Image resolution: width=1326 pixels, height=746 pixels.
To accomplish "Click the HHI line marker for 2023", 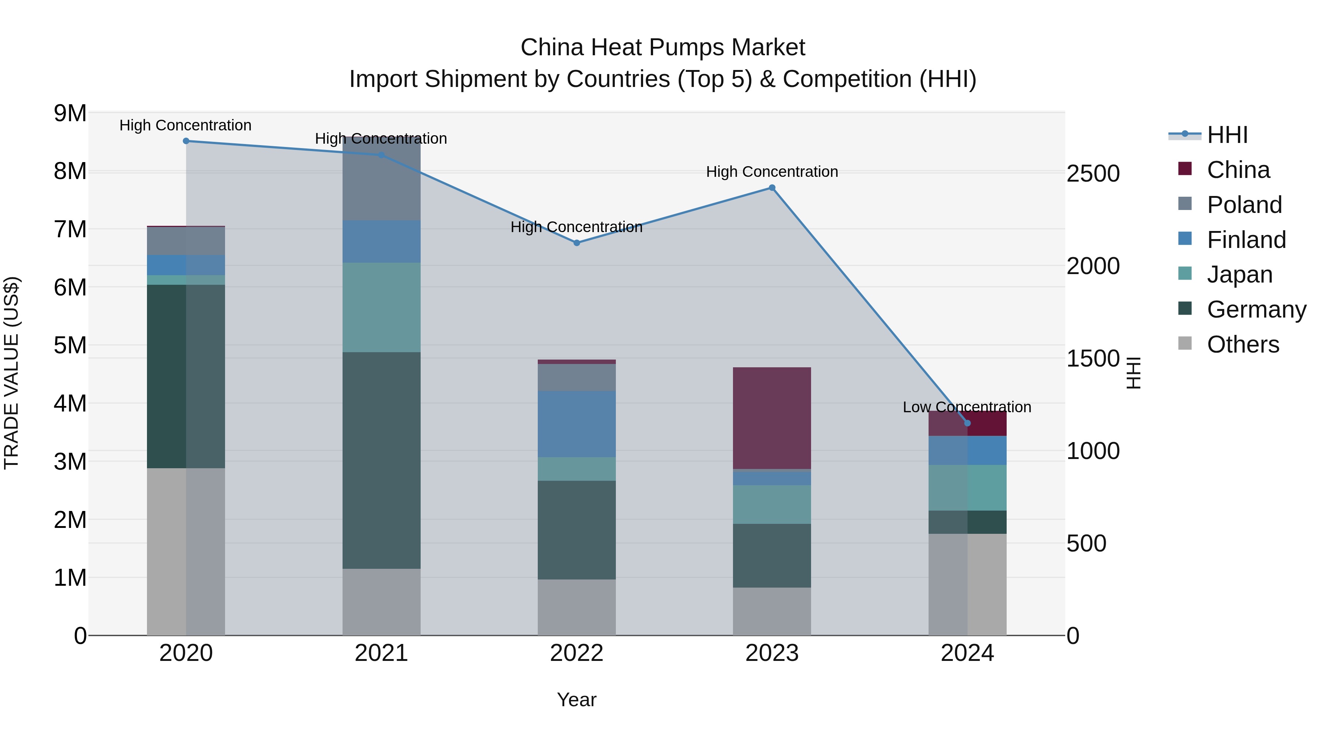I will (772, 188).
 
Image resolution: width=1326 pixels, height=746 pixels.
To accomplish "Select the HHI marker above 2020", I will (186, 141).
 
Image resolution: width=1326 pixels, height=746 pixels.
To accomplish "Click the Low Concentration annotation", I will (967, 407).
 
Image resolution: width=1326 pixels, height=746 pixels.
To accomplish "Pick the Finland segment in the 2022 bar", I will (576, 424).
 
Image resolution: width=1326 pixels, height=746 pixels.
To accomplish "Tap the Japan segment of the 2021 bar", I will (382, 307).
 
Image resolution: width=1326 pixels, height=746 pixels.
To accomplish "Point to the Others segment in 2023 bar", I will (772, 611).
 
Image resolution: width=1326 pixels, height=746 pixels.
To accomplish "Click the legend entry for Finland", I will (1246, 240).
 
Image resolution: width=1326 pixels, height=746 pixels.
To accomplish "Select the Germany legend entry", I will (1256, 309).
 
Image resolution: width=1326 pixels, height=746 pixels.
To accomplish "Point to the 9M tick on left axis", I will (70, 113).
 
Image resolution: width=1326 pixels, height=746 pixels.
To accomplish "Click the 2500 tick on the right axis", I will (1093, 174).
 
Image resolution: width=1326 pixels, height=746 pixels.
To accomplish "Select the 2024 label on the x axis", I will (967, 653).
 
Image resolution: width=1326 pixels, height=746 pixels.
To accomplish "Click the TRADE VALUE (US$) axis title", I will (11, 373).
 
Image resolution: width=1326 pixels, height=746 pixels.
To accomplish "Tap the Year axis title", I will (576, 700).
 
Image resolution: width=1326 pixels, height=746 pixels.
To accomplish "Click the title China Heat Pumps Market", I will (663, 48).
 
